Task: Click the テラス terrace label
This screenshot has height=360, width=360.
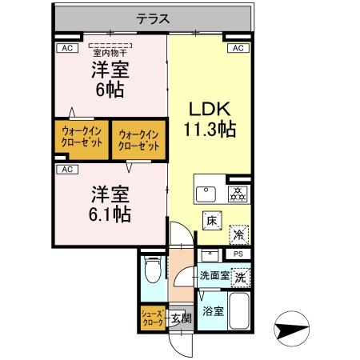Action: [x=153, y=18]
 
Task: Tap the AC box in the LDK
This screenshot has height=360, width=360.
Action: [x=238, y=49]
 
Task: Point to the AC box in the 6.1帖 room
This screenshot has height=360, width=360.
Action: [x=66, y=169]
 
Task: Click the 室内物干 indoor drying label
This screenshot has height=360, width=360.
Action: [x=110, y=53]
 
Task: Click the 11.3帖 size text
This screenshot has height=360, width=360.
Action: [x=210, y=128]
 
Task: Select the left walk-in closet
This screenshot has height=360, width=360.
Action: [x=82, y=137]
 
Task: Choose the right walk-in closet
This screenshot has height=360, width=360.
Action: [x=138, y=138]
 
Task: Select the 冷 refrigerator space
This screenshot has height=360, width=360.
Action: [x=238, y=234]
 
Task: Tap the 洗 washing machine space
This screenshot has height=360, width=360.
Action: [x=240, y=276]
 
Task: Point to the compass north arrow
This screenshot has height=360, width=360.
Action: [x=293, y=327]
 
